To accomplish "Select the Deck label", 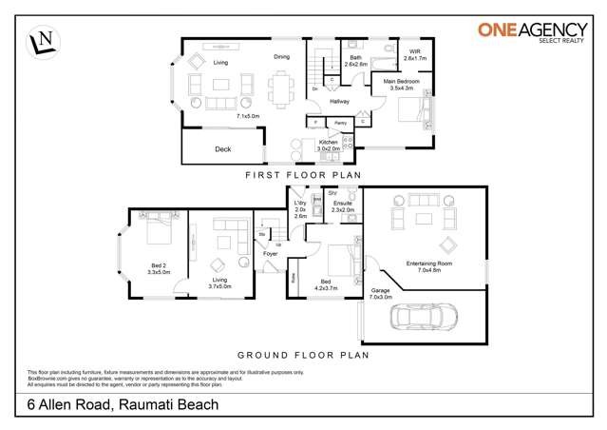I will click(222, 149).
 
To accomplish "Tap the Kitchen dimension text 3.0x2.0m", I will click(329, 148).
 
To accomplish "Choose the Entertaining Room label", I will click(426, 264).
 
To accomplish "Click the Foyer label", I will click(270, 254).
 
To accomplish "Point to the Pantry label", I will click(339, 124).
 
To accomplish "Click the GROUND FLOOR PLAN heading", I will click(302, 355).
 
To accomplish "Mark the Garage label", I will click(379, 290).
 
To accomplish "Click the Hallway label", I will click(339, 101).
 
